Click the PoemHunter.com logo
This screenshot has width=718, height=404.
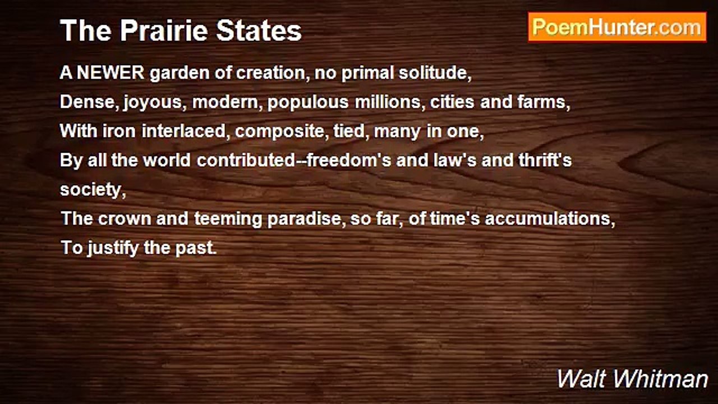(617, 27)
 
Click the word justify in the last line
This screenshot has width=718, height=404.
(113, 248)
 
